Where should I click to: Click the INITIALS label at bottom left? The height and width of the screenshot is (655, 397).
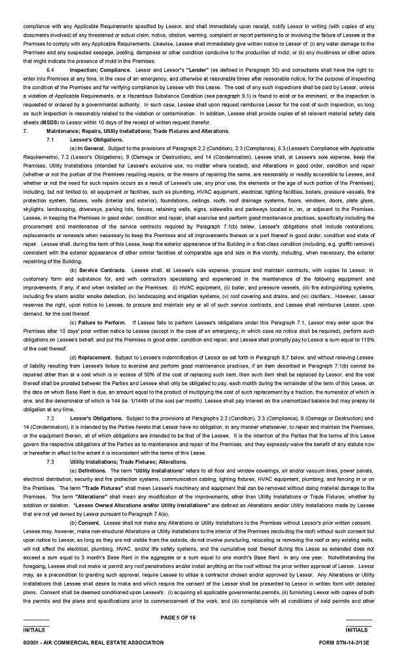[x=35, y=629]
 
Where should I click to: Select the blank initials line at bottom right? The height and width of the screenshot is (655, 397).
[x=359, y=620]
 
